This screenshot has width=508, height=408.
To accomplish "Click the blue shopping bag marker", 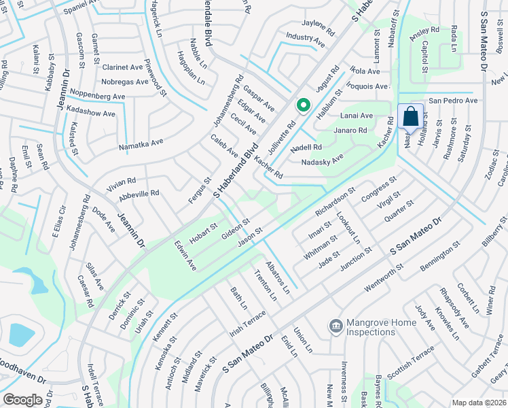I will (411, 117).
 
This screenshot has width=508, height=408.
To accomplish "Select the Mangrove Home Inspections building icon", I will (335, 327).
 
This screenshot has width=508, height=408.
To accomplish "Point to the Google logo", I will (22, 399).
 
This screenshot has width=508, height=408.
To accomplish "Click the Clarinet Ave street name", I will (122, 67).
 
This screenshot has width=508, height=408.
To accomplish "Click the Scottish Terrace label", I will (410, 362).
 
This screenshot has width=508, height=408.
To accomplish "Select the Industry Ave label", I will (306, 39).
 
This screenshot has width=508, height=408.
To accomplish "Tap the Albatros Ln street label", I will (278, 275).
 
